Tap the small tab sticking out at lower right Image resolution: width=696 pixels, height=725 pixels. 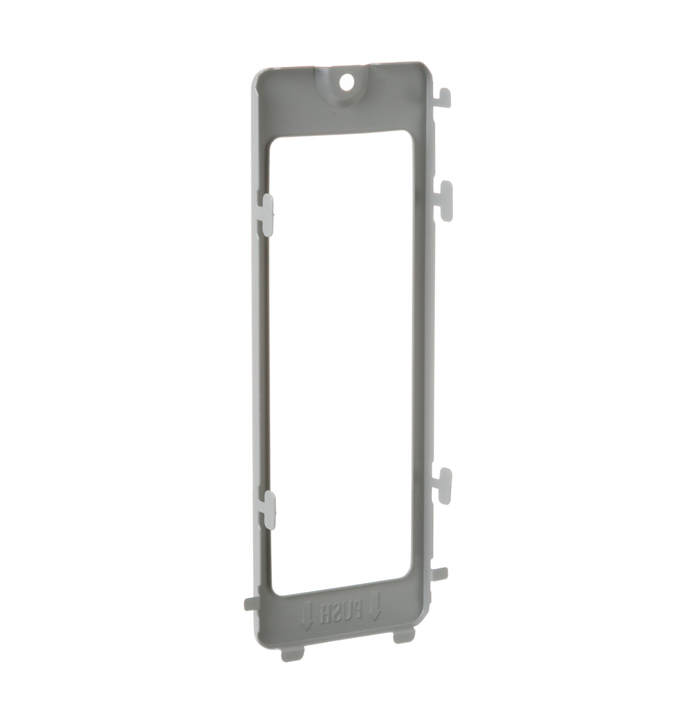[x=439, y=574]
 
